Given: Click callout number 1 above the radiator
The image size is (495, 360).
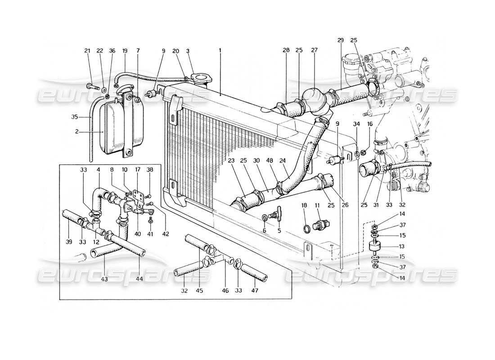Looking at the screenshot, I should [x=220, y=51].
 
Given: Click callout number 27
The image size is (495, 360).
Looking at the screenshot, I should [x=313, y=51].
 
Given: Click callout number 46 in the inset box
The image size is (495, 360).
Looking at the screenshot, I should [x=225, y=291].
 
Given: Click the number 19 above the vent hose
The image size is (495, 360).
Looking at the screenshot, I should [x=125, y=51].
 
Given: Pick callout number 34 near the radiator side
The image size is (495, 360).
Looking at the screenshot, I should [x=357, y=136].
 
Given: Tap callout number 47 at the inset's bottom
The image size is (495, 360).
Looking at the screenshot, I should [x=255, y=291].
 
